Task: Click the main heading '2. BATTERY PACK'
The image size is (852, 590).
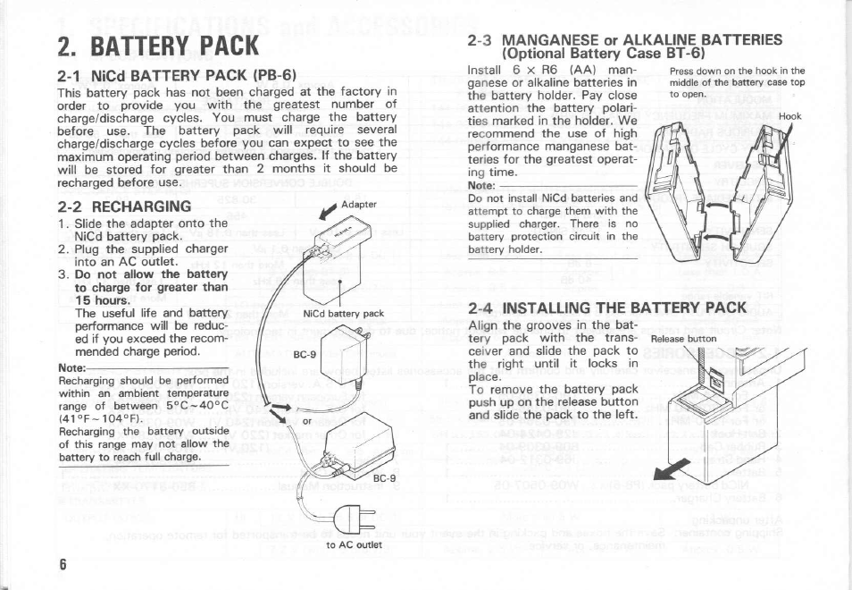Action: [158, 44]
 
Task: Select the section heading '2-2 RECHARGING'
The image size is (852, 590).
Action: [117, 206]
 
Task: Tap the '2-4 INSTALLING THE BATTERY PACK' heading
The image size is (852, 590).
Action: [607, 308]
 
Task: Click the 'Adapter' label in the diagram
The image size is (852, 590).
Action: [358, 205]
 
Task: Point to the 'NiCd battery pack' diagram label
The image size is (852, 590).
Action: [343, 314]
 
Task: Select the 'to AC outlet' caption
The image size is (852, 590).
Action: [354, 544]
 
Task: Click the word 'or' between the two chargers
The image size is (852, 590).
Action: [307, 421]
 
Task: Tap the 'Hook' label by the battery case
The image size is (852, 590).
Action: [790, 116]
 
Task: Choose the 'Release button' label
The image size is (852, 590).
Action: [684, 339]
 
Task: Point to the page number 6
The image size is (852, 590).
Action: [63, 564]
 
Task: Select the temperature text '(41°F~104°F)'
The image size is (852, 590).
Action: [99, 417]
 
